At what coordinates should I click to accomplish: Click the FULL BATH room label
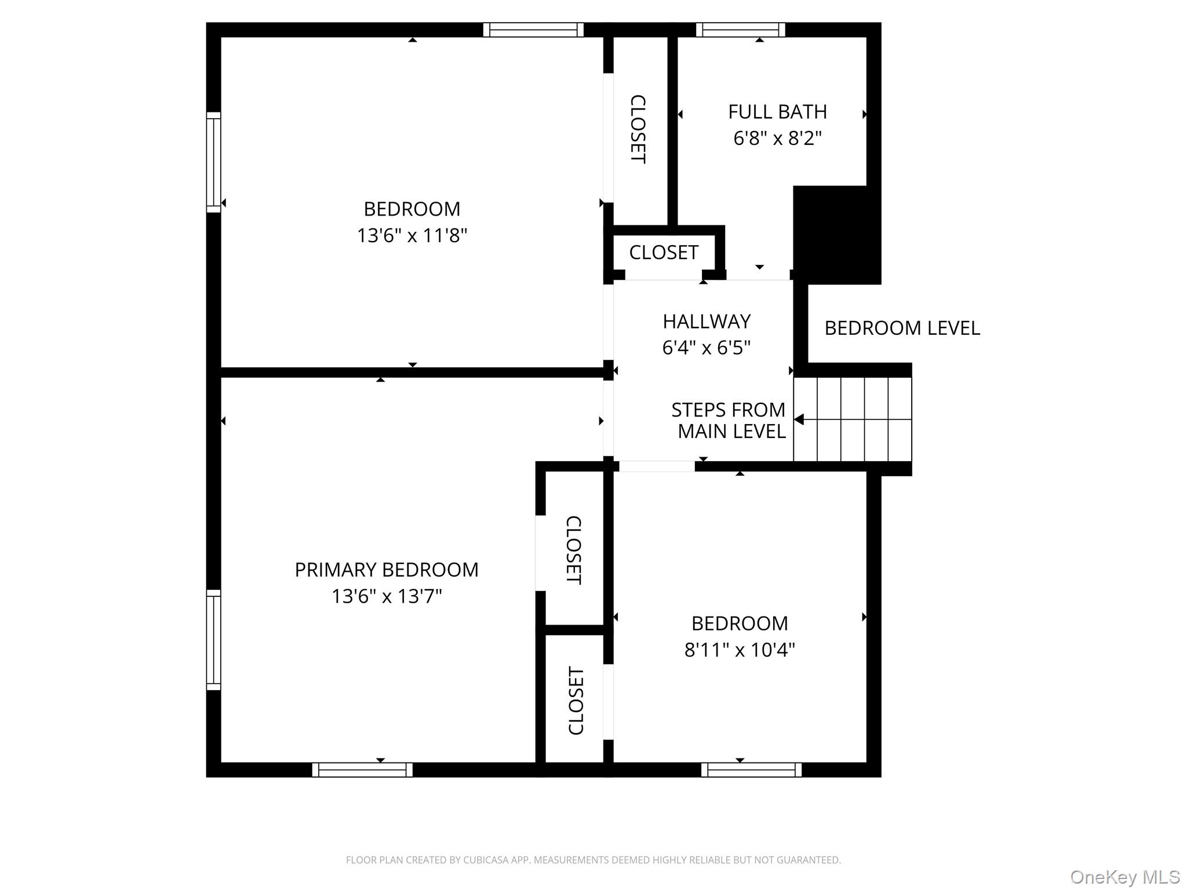click(777, 112)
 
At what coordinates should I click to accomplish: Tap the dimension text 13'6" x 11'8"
click(412, 236)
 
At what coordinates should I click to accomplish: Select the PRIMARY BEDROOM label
click(387, 570)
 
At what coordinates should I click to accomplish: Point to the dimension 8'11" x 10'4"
click(740, 650)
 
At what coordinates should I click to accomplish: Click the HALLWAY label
click(707, 322)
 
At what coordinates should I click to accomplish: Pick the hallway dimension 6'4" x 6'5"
click(707, 348)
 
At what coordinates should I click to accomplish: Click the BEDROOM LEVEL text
click(902, 329)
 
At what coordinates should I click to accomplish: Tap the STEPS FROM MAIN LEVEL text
click(729, 421)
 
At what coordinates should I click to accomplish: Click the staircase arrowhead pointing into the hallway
click(799, 420)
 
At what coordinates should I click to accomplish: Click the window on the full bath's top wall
click(740, 30)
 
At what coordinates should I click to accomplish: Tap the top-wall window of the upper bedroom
click(533, 30)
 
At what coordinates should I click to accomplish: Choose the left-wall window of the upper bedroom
click(214, 162)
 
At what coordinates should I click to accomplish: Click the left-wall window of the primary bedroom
click(214, 640)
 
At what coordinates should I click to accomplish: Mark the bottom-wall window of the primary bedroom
click(362, 769)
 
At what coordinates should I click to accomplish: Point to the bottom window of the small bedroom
click(751, 769)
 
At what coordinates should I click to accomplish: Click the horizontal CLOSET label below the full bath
click(664, 253)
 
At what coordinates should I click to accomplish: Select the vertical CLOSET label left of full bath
click(638, 129)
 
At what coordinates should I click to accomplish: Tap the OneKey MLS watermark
click(1124, 877)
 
